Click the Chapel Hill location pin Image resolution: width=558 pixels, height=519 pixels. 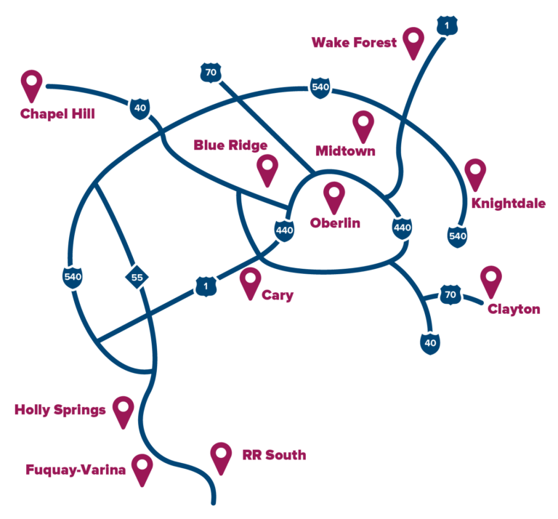(32, 85)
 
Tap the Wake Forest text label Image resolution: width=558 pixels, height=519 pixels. (354, 43)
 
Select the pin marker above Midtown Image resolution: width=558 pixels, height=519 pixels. (363, 126)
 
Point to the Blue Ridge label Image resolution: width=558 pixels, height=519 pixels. (230, 145)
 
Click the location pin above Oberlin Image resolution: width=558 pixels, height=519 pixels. (334, 197)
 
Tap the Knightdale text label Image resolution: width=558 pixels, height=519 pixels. (509, 204)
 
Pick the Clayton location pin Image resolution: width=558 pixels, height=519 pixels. (491, 281)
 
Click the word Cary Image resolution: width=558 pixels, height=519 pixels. (278, 295)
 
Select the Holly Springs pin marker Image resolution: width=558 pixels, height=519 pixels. (123, 412)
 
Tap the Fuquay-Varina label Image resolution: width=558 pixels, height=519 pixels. (76, 470)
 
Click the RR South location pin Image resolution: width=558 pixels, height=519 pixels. (221, 458)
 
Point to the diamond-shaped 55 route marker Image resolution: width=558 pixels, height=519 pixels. (137, 277)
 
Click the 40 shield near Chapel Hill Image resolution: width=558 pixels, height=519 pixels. (139, 108)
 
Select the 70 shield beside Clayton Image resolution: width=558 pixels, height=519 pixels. (450, 294)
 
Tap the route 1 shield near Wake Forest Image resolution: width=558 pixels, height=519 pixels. (447, 25)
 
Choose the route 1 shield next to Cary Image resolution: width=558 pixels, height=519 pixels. (206, 286)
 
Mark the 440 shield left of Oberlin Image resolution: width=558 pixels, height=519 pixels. (284, 230)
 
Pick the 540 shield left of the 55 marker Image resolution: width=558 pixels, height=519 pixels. (73, 277)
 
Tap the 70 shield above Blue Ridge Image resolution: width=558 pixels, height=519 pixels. (211, 73)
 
